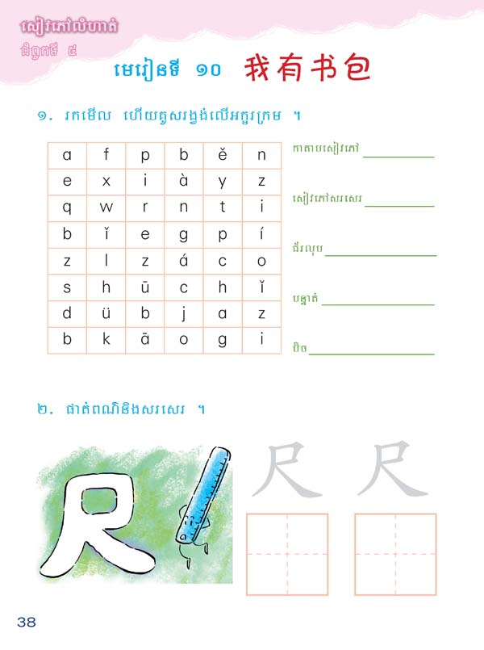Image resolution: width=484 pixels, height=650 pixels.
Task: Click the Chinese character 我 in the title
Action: point(258,69)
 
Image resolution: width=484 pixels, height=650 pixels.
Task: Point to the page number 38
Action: point(26,621)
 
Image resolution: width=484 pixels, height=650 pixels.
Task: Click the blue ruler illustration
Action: point(198,493)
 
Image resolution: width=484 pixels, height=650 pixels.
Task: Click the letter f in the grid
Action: point(106,155)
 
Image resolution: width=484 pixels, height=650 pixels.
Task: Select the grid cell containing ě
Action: point(223,155)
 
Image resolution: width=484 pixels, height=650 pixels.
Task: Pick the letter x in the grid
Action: point(106,182)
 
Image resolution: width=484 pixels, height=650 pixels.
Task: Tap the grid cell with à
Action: point(184,182)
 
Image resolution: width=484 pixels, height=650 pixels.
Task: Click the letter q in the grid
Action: point(67,208)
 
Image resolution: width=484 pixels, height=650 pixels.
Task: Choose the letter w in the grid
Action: point(106,208)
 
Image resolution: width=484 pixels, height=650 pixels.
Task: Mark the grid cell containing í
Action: point(261,234)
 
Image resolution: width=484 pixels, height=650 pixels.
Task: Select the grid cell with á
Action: point(184,261)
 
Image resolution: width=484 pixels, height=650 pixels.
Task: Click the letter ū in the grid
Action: point(145,287)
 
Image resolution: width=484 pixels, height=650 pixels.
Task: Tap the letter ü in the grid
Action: point(106,313)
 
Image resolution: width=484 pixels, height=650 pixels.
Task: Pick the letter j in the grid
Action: point(184,313)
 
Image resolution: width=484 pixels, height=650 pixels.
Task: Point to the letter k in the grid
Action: point(106,340)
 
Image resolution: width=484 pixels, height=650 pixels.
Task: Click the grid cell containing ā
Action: point(145,340)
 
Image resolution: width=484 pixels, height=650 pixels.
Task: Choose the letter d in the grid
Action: point(67,313)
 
